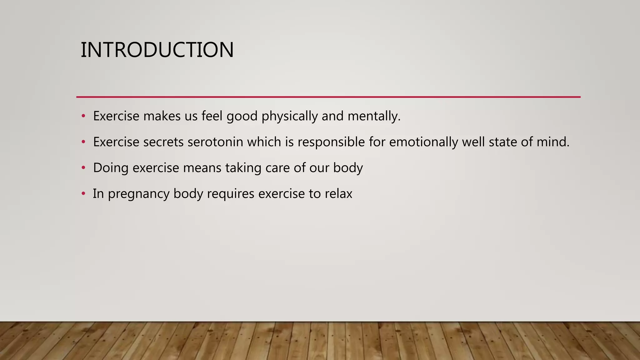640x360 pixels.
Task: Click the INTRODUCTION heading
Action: click(x=157, y=50)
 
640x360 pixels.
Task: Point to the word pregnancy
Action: click(x=138, y=194)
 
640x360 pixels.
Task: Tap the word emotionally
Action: click(x=423, y=142)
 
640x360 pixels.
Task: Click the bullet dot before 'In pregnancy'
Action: click(x=83, y=194)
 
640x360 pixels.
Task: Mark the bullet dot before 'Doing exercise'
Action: click(x=83, y=168)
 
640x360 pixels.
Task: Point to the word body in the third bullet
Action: click(x=348, y=168)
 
